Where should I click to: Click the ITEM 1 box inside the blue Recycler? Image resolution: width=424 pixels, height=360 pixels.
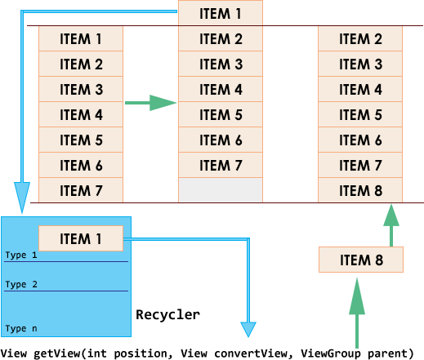pos(81,238)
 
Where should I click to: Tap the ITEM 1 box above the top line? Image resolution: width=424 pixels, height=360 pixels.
pos(221,13)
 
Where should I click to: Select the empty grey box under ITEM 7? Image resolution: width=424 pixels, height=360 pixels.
pos(221,190)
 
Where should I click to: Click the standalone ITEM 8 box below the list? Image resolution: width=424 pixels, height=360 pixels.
pos(361,260)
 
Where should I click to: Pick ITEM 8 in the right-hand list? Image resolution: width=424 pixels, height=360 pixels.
pos(360,190)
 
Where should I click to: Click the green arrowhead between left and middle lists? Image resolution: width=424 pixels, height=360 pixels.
pos(163,103)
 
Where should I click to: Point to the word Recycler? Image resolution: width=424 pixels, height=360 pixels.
pos(167,315)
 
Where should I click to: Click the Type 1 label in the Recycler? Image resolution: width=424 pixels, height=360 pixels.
pos(21,256)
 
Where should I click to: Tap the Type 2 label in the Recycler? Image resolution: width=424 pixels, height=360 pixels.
pos(21,285)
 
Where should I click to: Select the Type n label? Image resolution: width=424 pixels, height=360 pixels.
pos(21,328)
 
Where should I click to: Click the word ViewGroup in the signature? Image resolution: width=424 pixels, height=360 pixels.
pos(331,353)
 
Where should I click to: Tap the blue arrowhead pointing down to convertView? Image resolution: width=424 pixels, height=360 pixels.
pos(248,329)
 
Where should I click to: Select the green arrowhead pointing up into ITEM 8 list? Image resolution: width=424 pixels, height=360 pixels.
pos(391,215)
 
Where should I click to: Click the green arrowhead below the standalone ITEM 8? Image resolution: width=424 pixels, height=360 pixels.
pos(357,296)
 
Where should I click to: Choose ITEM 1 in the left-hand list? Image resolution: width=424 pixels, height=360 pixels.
pos(81,38)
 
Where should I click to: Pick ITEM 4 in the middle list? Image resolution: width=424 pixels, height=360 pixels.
pos(221,89)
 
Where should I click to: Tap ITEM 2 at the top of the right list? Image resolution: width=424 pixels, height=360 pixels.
pos(360,38)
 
